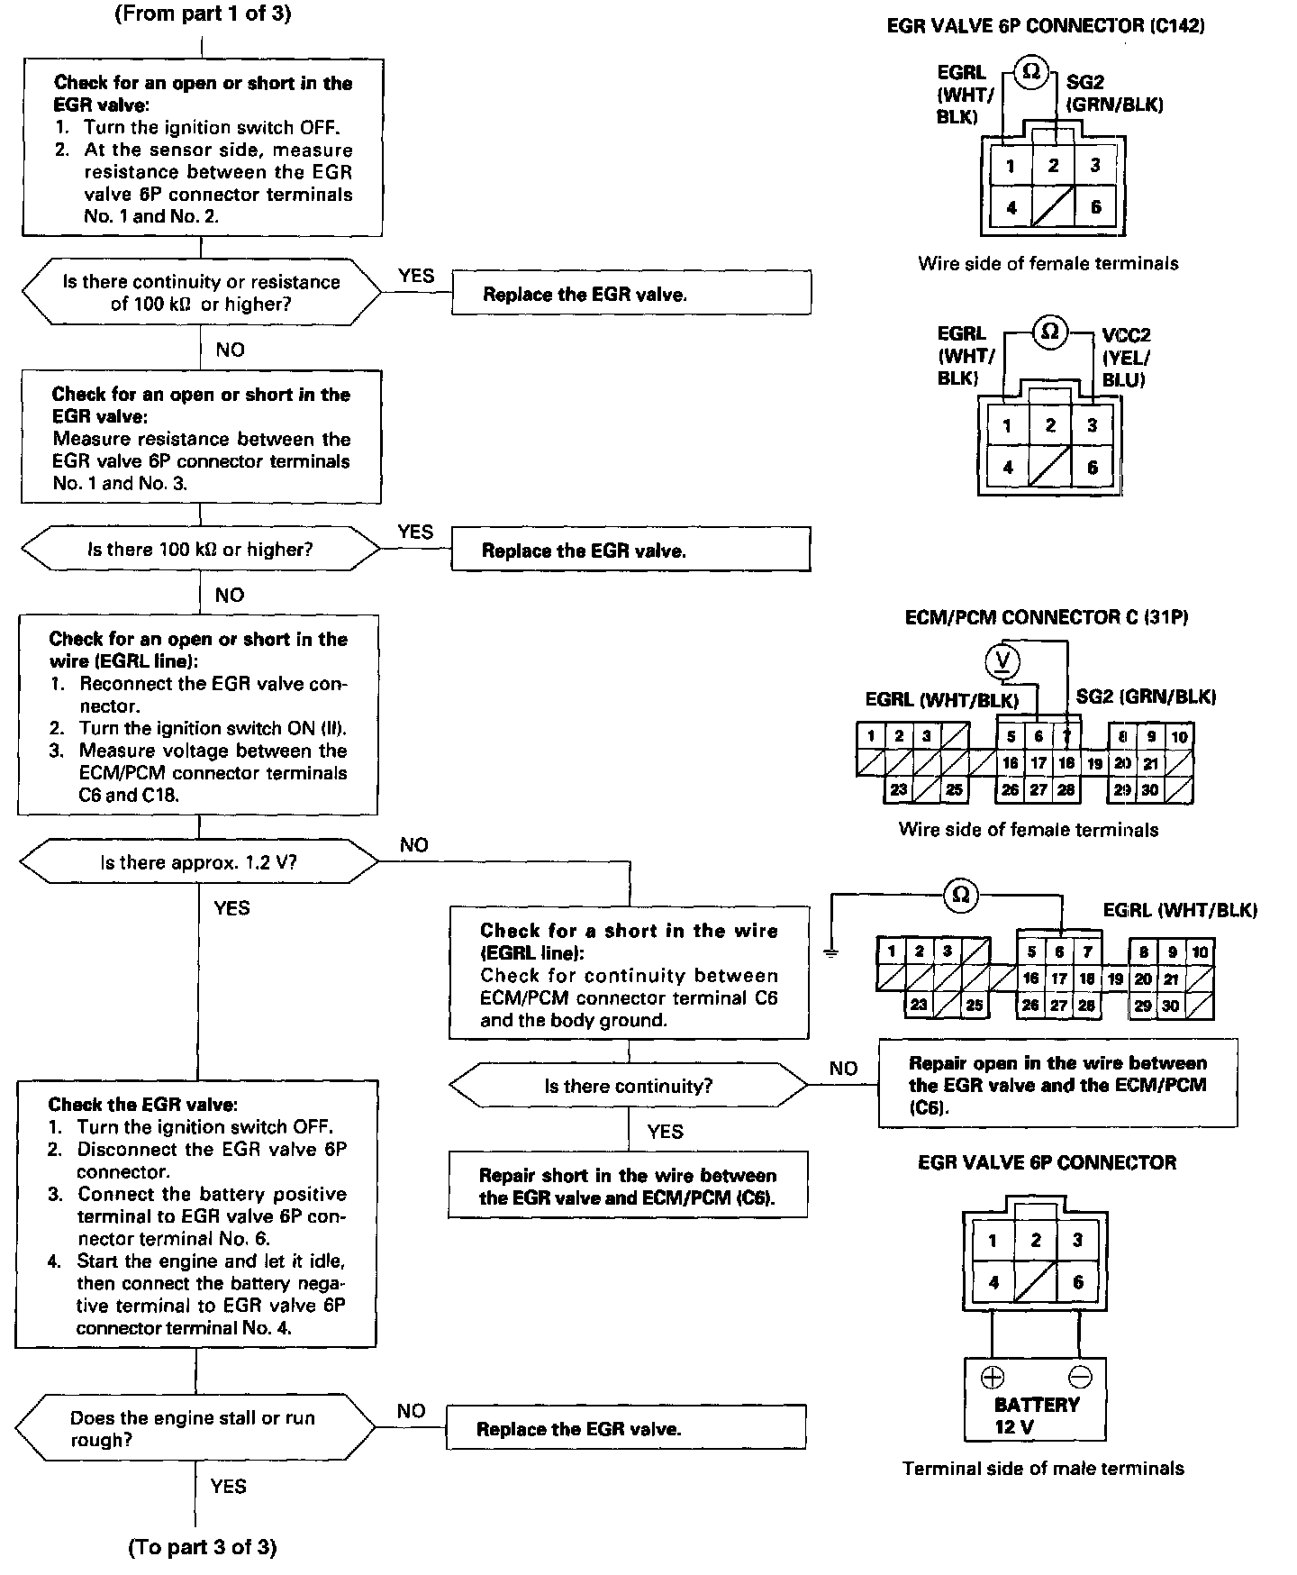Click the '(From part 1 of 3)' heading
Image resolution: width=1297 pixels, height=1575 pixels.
[203, 14]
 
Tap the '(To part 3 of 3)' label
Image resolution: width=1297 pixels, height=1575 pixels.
[202, 1547]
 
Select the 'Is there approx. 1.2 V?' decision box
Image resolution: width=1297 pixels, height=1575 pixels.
[198, 862]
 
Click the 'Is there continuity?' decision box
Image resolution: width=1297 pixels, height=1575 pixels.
[628, 1086]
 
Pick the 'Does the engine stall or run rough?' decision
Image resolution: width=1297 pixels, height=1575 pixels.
[195, 1428]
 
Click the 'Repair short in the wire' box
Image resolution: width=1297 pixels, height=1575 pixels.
[627, 1186]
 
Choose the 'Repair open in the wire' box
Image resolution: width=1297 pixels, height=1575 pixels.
[1057, 1084]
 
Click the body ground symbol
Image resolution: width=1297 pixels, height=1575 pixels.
[831, 951]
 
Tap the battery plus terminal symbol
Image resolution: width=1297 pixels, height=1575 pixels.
[992, 1377]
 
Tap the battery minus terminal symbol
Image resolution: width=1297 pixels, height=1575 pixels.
[1080, 1377]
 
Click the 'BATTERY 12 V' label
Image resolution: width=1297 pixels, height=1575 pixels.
[1036, 1416]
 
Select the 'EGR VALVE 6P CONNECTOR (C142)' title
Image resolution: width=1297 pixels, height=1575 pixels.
[1046, 26]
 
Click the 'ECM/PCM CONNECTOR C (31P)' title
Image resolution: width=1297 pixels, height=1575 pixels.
[1047, 617]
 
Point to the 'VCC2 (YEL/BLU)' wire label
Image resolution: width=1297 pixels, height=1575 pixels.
[1126, 357]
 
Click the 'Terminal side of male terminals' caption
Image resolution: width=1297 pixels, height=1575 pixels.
[1043, 1469]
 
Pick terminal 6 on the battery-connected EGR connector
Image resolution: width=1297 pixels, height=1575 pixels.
[1078, 1282]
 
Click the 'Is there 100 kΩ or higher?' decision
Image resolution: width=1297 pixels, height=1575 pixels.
[200, 549]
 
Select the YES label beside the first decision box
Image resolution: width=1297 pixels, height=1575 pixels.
[415, 276]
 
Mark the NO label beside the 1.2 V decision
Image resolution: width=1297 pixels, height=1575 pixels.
[414, 845]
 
